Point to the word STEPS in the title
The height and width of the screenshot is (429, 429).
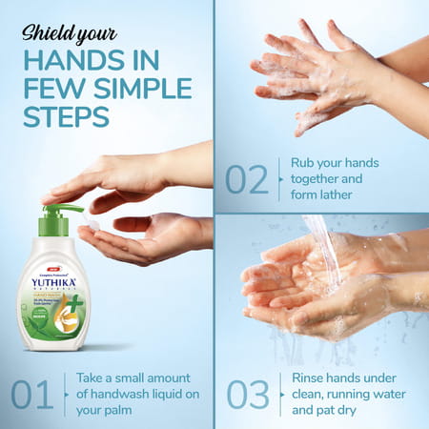tap(66, 116)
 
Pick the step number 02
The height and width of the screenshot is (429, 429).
tap(247, 179)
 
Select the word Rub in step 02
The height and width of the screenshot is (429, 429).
tap(302, 162)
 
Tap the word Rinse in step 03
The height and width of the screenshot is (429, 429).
tap(310, 378)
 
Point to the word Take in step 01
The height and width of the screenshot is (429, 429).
tap(93, 377)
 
